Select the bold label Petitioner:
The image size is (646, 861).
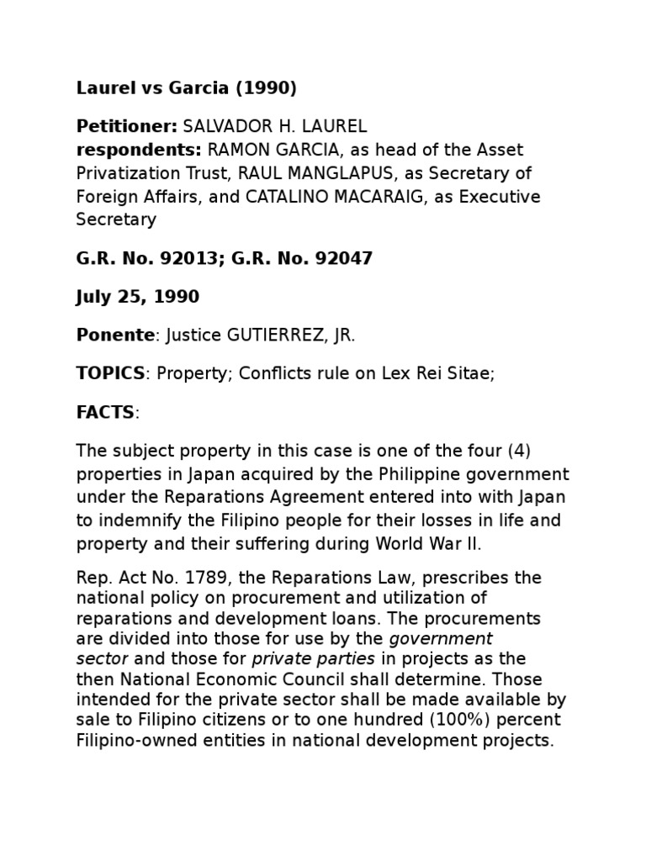coord(127,127)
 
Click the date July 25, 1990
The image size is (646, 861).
coord(138,297)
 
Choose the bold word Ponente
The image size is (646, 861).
coord(115,335)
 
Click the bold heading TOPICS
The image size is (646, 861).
coord(110,374)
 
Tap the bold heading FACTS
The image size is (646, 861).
coord(105,413)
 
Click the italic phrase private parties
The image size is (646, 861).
coord(314,658)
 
